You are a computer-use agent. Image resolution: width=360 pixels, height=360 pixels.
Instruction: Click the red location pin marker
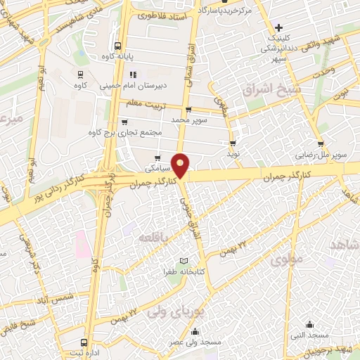(181, 165)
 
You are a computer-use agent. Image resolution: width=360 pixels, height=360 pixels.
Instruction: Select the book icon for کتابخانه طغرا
(185, 259)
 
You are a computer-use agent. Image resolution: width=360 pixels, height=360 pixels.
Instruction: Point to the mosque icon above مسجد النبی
(310, 324)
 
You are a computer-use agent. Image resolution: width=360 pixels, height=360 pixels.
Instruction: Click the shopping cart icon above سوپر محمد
(188, 110)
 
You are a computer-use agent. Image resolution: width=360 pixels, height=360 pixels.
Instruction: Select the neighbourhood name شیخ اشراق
(271, 89)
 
